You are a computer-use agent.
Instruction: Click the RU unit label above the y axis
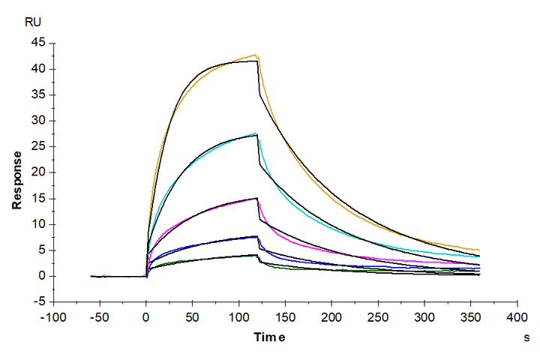tap(33, 22)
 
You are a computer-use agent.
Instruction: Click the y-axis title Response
tap(16, 179)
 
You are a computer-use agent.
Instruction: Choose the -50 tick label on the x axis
tap(100, 316)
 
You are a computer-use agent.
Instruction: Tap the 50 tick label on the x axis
tap(192, 316)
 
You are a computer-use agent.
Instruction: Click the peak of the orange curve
tap(256, 55)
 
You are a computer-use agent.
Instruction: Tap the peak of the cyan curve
tap(256, 133)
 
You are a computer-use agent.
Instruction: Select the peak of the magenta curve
tap(256, 198)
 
